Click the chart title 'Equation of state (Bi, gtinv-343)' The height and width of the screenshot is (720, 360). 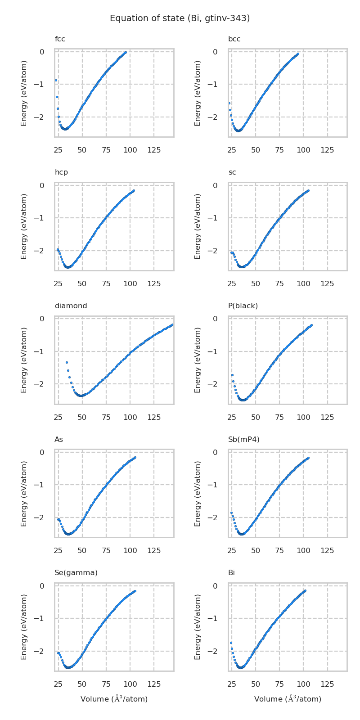(x=180, y=18)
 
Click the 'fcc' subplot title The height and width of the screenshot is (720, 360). (x=60, y=39)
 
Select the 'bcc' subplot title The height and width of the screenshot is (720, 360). (x=234, y=39)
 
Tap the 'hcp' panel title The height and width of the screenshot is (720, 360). (x=61, y=172)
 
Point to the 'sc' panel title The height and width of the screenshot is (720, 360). (x=232, y=172)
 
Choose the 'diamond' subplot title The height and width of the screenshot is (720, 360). (x=71, y=306)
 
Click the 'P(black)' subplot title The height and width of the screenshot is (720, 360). (x=243, y=306)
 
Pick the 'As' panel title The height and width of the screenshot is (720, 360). (x=58, y=439)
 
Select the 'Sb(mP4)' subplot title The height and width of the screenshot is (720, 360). (x=243, y=439)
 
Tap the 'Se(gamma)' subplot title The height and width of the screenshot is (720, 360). (x=76, y=573)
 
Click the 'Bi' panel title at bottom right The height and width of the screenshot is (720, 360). (x=231, y=573)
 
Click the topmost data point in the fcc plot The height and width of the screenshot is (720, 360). (x=126, y=52)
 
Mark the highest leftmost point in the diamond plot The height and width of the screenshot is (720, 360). (x=67, y=362)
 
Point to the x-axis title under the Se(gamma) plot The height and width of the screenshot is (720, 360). (x=114, y=699)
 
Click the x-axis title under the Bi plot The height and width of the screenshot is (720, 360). (x=288, y=699)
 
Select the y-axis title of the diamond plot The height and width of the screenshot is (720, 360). (x=24, y=360)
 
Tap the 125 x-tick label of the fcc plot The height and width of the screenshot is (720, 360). (x=154, y=150)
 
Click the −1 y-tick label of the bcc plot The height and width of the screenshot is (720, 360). (x=215, y=85)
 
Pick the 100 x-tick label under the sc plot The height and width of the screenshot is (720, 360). (x=303, y=283)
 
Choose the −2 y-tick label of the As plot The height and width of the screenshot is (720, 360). (x=41, y=517)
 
